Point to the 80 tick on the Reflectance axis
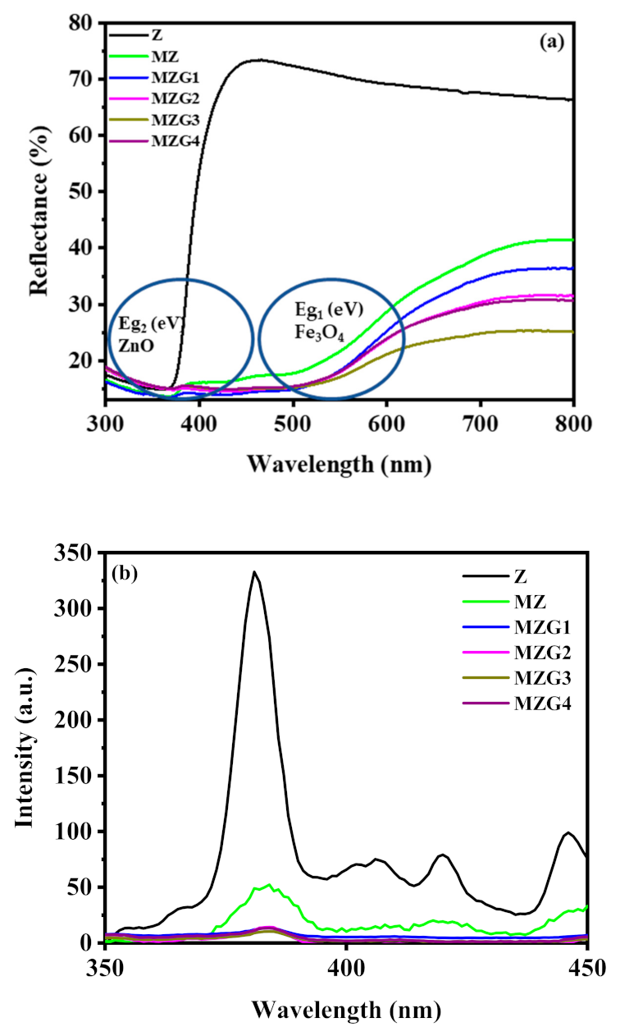[x=86, y=24]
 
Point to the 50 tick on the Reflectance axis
[x=86, y=191]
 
